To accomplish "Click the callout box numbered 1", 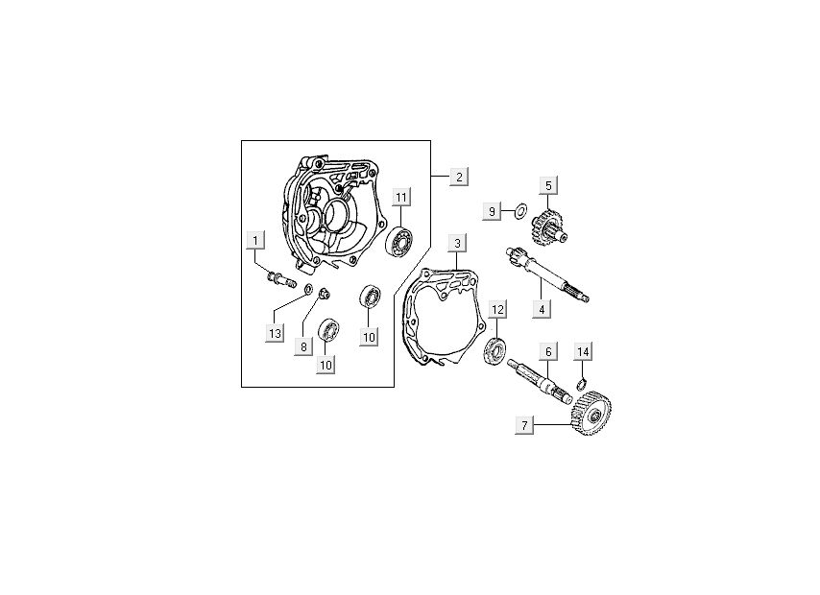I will pyautogui.click(x=254, y=239).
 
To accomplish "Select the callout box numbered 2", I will pyautogui.click(x=459, y=177).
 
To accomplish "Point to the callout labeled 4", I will pyautogui.click(x=542, y=309).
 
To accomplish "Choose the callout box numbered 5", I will pyautogui.click(x=548, y=185).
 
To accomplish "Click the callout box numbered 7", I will pyautogui.click(x=523, y=424).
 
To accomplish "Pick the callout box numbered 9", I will pyautogui.click(x=493, y=211).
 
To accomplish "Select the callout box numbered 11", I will pyautogui.click(x=401, y=198).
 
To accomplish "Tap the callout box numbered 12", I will pyautogui.click(x=497, y=309).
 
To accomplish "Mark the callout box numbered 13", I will pyautogui.click(x=276, y=333).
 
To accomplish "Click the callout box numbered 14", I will pyautogui.click(x=582, y=351).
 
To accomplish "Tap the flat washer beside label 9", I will pyautogui.click(x=519, y=210).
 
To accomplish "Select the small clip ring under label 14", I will pyautogui.click(x=580, y=386).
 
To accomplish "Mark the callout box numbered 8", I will pyautogui.click(x=303, y=346).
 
